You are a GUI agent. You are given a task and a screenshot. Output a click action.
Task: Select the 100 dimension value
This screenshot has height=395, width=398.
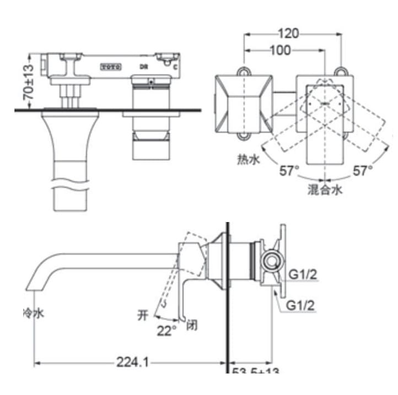[280, 51]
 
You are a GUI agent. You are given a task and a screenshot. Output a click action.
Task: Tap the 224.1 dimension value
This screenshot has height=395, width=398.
[133, 362]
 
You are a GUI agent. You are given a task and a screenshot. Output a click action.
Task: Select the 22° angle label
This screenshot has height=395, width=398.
[167, 331]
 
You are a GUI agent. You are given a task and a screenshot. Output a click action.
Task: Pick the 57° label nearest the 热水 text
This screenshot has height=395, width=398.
[288, 171]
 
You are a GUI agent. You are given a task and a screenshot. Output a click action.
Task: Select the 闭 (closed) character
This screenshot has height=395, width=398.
[192, 323]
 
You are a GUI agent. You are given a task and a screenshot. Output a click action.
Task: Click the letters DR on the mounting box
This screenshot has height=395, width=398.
[142, 66]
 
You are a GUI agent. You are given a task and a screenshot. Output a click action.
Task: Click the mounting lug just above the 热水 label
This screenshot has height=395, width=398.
[243, 136]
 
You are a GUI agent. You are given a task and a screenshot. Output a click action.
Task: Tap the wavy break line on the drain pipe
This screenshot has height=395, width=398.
[70, 181]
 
